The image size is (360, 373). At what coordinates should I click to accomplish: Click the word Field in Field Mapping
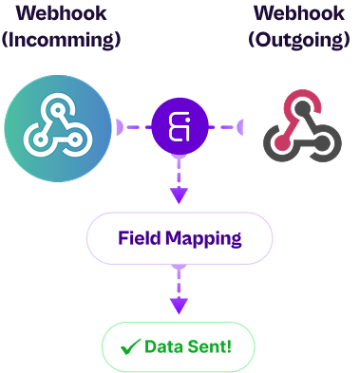(x=137, y=237)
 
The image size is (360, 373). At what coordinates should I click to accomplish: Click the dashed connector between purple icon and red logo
(x=228, y=126)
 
